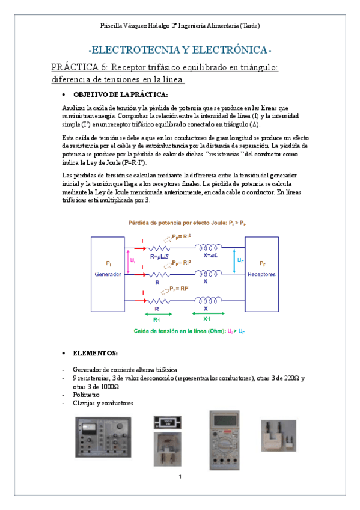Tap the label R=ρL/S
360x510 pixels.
[x=160, y=256]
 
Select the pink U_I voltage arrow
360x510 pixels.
[x=126, y=260]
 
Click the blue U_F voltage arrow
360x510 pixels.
[x=245, y=260]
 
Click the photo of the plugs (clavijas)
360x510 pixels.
[x=278, y=435]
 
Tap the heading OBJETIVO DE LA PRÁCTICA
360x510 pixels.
[x=120, y=94]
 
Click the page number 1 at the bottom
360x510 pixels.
[x=180, y=478]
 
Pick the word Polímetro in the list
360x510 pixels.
[x=87, y=395]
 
